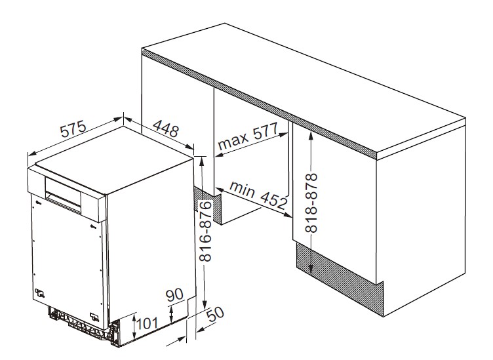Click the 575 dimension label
73,129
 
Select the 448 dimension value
166,129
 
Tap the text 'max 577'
248,136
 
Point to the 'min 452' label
259,195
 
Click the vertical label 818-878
311,203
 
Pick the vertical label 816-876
206,231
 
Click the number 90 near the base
174,294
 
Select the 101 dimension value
147,323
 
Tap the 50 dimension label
216,313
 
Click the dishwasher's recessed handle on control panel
63,191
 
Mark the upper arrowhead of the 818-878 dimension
311,136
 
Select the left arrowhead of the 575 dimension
32,153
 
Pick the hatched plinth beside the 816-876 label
208,205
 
